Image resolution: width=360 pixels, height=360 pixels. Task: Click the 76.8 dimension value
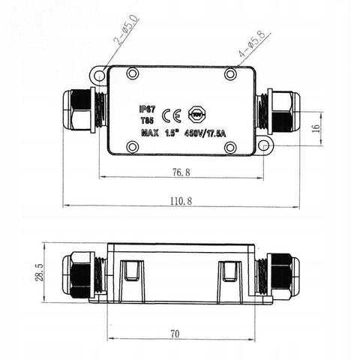tap(181, 172)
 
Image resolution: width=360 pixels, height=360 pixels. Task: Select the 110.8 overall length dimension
tap(181, 199)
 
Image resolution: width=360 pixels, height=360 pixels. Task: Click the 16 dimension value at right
tap(315, 128)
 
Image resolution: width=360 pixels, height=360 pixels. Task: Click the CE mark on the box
tap(171, 115)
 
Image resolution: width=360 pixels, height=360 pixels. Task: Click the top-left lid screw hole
tap(132, 74)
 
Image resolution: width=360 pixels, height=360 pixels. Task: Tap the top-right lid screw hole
tap(231, 74)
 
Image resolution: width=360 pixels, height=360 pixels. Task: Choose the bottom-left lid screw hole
tap(132, 146)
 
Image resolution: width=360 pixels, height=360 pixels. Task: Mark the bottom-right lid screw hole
tap(231, 146)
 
